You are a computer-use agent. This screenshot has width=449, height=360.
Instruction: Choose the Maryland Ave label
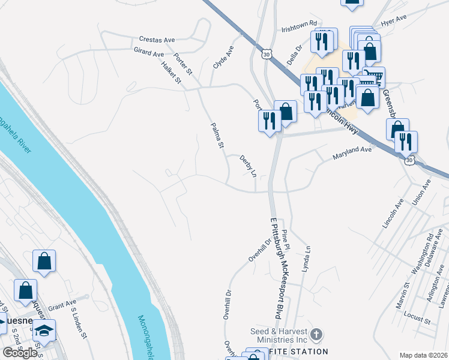point(353,154)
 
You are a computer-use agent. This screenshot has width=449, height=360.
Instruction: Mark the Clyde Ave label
point(223,57)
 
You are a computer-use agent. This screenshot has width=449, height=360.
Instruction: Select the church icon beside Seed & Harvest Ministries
point(317,334)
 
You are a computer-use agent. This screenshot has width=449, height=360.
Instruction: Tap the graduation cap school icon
point(44,331)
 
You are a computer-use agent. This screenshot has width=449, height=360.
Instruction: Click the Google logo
point(20,353)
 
